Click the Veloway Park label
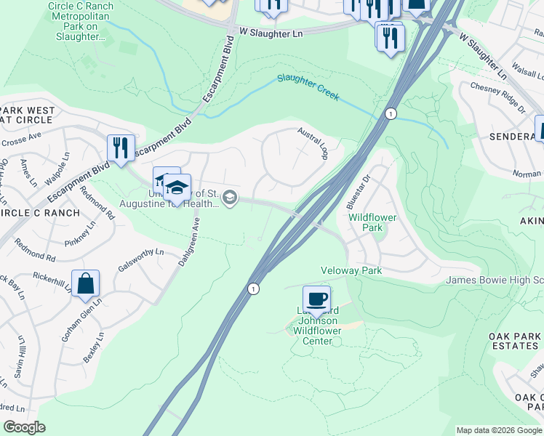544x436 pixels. pyautogui.click(x=352, y=270)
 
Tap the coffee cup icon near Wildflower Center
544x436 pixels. pyautogui.click(x=316, y=299)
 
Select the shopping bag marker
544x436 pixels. pyautogui.click(x=86, y=286)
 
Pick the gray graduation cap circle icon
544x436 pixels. pyautogui.click(x=230, y=197)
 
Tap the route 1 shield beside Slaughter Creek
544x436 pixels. pyautogui.click(x=391, y=114)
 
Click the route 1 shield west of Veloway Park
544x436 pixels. pyautogui.click(x=252, y=288)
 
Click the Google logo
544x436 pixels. pyautogui.click(x=24, y=427)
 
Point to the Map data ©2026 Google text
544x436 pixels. pyautogui.click(x=499, y=430)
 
